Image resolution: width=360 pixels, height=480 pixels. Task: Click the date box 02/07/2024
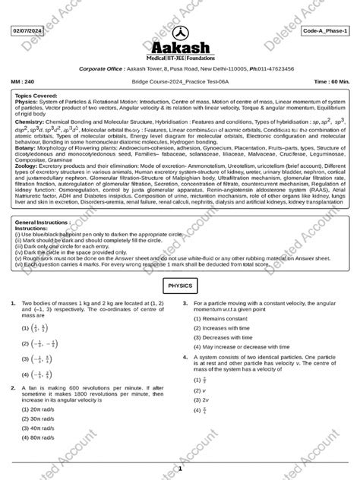[27, 30]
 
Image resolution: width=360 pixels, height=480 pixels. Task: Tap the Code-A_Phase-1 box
[327, 30]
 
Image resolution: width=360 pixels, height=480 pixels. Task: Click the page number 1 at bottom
[180, 471]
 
